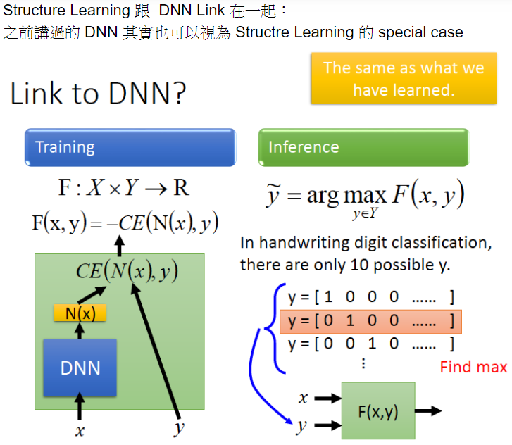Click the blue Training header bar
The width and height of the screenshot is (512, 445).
tap(130, 146)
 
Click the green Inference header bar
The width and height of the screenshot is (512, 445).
tap(363, 146)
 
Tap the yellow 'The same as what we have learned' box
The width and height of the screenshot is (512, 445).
tap(403, 78)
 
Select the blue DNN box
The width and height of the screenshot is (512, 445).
tap(80, 368)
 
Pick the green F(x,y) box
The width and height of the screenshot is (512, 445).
tap(377, 412)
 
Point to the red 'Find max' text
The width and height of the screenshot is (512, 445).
tap(473, 367)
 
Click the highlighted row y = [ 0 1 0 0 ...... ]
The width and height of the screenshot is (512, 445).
tap(370, 321)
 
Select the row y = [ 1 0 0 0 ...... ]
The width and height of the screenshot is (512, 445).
tap(370, 297)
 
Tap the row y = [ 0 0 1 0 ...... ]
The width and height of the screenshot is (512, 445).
tap(370, 344)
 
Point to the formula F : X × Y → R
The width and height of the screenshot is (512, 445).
tap(123, 188)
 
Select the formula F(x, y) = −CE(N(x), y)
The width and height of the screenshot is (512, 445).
tap(125, 223)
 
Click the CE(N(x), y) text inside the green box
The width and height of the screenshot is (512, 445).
tap(127, 271)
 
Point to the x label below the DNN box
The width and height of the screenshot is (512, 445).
tap(80, 430)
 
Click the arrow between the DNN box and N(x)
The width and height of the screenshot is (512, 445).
tap(80, 330)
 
